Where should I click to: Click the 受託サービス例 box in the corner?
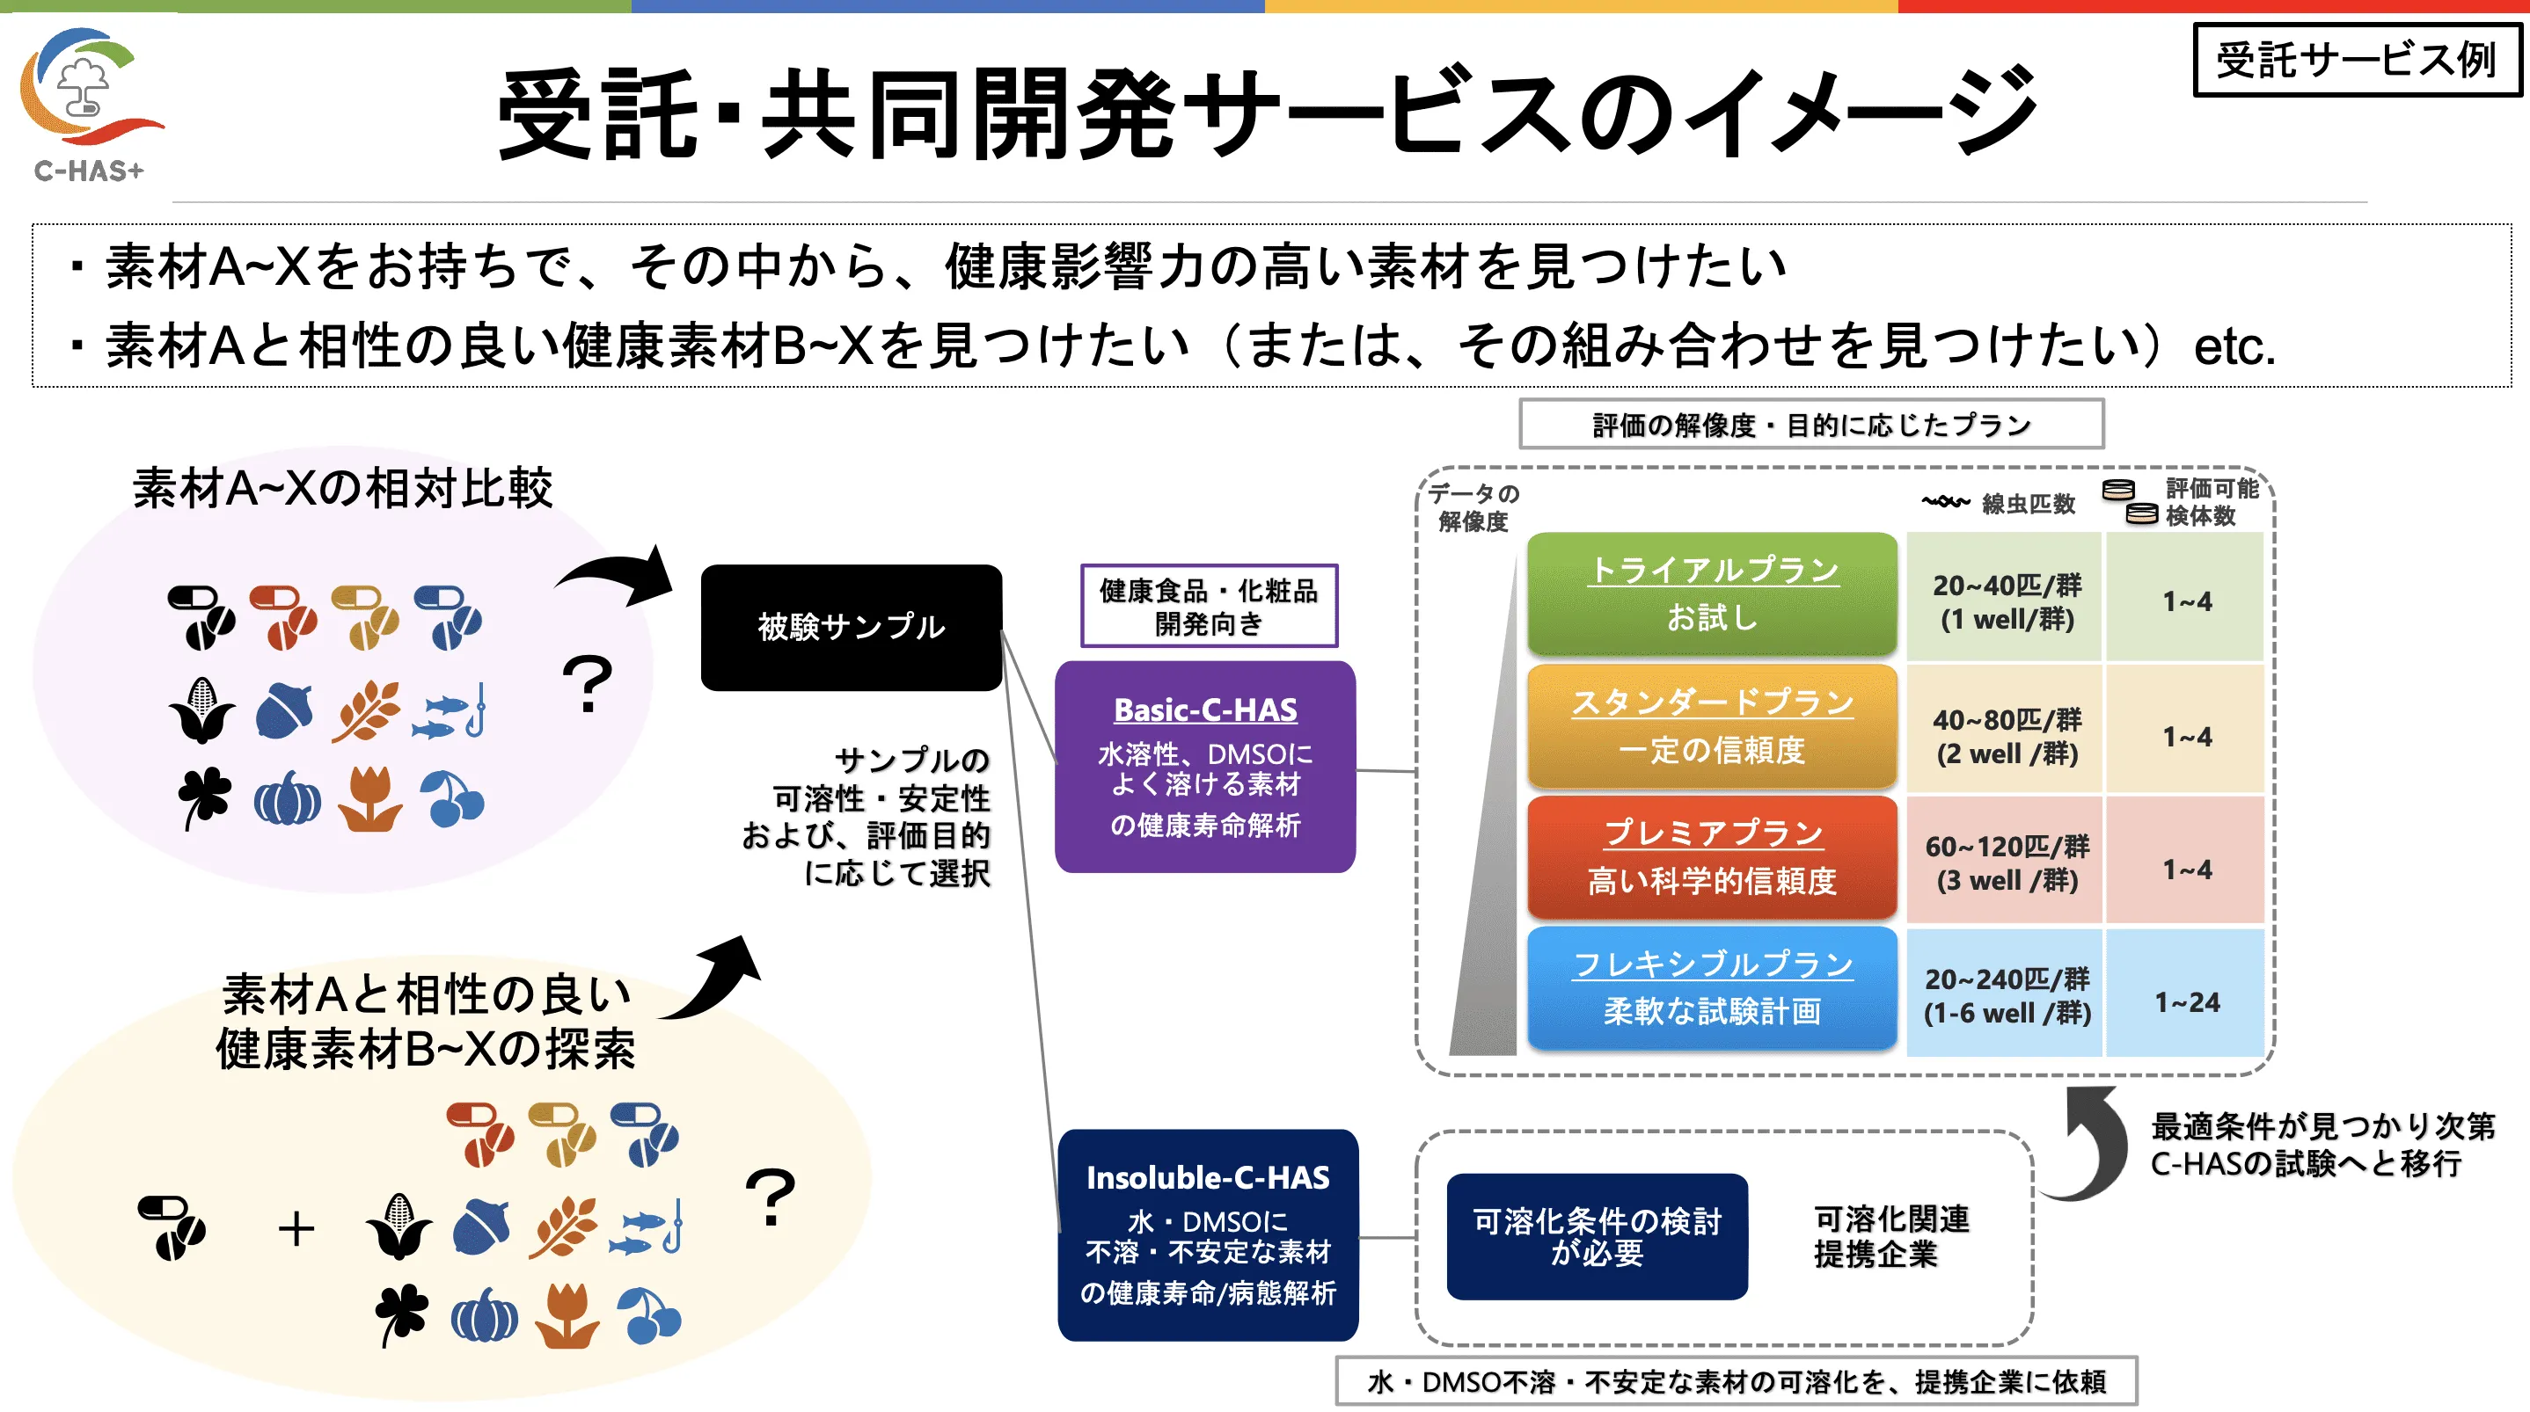tap(2356, 60)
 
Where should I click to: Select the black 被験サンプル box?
tap(852, 627)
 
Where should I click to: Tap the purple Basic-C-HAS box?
tap(1205, 766)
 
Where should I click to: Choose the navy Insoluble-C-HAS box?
tap(1208, 1234)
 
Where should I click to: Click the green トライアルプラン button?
tap(1712, 593)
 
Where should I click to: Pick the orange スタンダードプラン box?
tap(1712, 725)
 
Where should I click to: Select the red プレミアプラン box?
tap(1712, 857)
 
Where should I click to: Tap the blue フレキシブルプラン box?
tap(1712, 988)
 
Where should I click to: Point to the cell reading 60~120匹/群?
tap(2006, 862)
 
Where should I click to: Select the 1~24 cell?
tap(2186, 1001)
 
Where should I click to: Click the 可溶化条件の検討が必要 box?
tap(1597, 1236)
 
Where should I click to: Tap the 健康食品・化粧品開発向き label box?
tap(1209, 606)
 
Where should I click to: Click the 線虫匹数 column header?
tap(1999, 504)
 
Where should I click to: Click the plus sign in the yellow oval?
tap(296, 1228)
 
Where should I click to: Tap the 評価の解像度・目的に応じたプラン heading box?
tap(1811, 424)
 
